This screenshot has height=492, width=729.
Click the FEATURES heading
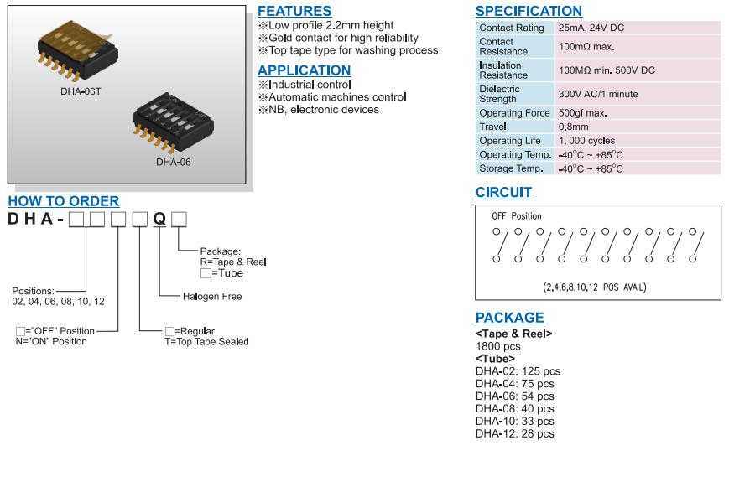click(x=294, y=12)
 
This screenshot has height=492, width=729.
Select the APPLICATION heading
click(x=304, y=70)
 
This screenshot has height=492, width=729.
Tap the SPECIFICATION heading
click(x=529, y=12)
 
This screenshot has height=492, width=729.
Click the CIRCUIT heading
click(x=503, y=193)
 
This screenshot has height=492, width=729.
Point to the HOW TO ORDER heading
click(x=64, y=201)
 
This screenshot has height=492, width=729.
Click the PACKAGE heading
click(x=509, y=318)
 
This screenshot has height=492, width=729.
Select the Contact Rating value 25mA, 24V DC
click(x=591, y=28)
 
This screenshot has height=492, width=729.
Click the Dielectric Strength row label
click(x=499, y=94)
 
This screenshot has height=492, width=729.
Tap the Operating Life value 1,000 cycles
click(x=586, y=141)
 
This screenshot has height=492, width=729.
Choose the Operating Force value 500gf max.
click(x=582, y=113)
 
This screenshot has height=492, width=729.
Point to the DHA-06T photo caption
click(x=81, y=91)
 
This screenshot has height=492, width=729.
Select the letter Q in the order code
click(x=159, y=220)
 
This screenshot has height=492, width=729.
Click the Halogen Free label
click(x=212, y=297)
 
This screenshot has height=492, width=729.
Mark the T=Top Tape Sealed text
click(x=206, y=342)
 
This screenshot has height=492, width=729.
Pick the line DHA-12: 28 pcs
click(x=514, y=433)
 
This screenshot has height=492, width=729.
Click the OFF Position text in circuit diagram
click(x=517, y=216)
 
